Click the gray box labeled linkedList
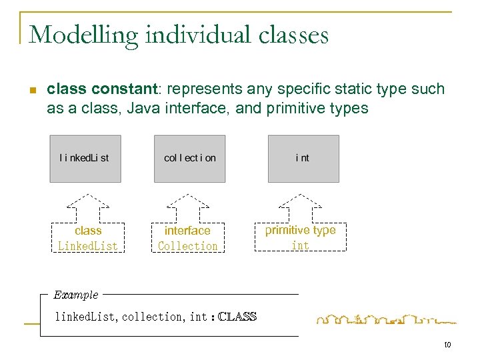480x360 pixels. pyautogui.click(x=85, y=159)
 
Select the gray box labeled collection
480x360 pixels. pyautogui.click(x=190, y=159)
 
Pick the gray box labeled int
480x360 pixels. pyautogui.click(x=303, y=159)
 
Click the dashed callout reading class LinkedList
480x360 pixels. pyautogui.click(x=89, y=239)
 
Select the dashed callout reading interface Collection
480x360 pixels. pyautogui.click(x=187, y=239)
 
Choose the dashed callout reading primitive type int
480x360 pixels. pyautogui.click(x=301, y=238)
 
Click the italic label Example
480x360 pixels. pyautogui.click(x=76, y=295)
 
